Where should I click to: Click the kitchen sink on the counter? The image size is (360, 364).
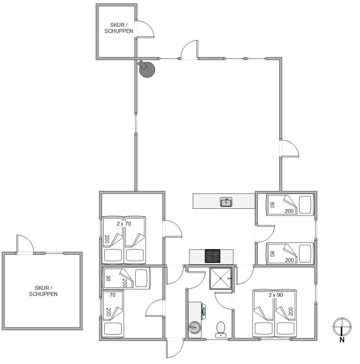point(226,202)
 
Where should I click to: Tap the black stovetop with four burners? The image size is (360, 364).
point(212,256)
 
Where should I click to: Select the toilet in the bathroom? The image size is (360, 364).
point(221,329)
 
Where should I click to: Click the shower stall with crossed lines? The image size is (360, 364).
point(221,278)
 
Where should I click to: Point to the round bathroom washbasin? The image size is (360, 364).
point(195,328)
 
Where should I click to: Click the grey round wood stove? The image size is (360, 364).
point(146,69)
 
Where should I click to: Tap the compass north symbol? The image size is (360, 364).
point(342,327)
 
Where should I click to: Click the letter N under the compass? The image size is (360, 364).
point(342,340)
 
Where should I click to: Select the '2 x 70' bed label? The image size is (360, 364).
point(124,224)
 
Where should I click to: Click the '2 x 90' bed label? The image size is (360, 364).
point(276,295)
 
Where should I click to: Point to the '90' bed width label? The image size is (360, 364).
point(108,278)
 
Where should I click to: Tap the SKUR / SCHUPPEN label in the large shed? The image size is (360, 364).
point(43,291)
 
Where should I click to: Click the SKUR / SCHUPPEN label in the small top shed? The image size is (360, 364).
point(119,28)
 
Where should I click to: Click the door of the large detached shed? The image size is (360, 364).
point(25,245)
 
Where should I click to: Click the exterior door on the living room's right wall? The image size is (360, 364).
point(289,148)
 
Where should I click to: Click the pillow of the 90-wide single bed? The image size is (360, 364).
point(141,278)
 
